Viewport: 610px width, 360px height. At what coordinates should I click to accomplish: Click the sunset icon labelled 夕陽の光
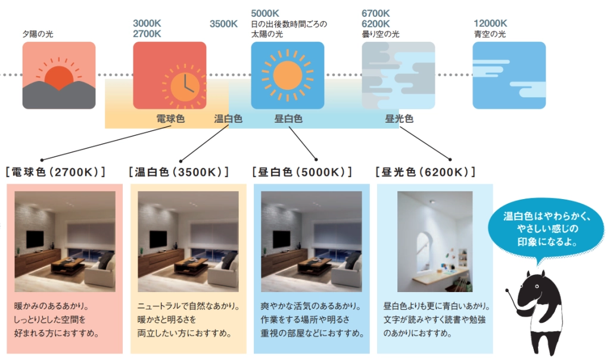[58, 76]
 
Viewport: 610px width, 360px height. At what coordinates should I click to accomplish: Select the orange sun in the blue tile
[288, 76]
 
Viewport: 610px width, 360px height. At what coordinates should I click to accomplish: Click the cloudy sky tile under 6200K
[398, 76]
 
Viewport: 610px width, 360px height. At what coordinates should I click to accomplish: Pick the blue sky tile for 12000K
[509, 76]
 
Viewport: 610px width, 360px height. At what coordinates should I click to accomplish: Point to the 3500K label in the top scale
[223, 24]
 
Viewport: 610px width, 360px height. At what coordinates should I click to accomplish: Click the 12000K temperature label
[490, 24]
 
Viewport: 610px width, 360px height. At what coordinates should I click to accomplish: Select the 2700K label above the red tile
[147, 34]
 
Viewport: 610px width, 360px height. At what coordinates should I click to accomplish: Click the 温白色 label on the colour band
[228, 119]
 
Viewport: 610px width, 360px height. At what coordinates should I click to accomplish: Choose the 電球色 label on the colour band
[170, 119]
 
